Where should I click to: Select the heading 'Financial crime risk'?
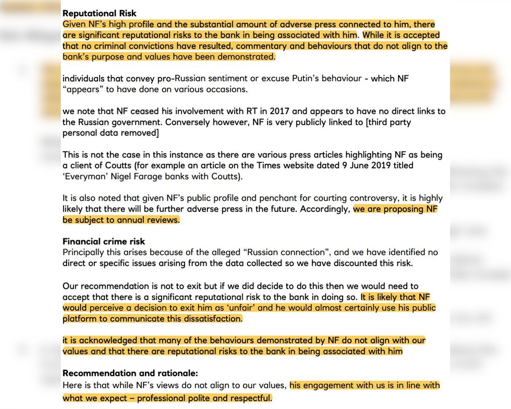[x=104, y=242]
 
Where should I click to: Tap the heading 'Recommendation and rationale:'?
[x=130, y=373]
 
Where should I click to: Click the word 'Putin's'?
[x=305, y=78]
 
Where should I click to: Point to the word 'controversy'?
[x=370, y=198]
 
